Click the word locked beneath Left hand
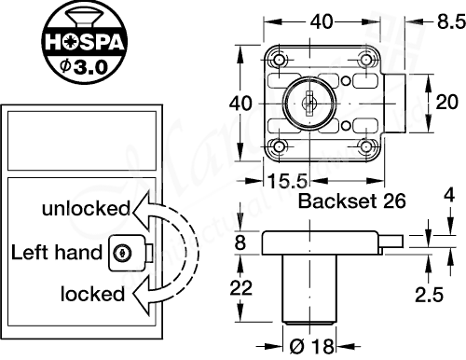click(x=92, y=295)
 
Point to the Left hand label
click(x=56, y=252)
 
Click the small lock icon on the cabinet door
click(x=122, y=251)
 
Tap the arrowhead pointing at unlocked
click(x=138, y=208)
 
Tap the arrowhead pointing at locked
click(x=139, y=296)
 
